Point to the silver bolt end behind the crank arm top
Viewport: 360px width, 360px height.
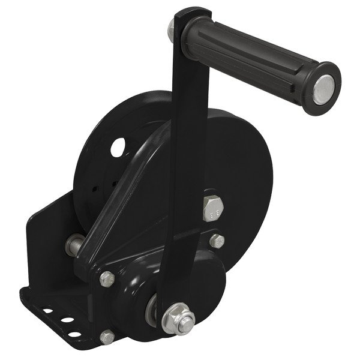172,28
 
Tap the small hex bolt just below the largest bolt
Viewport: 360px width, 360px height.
216,241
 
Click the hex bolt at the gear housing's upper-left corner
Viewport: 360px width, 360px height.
107,278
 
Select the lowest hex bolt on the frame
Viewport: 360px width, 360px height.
107,337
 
